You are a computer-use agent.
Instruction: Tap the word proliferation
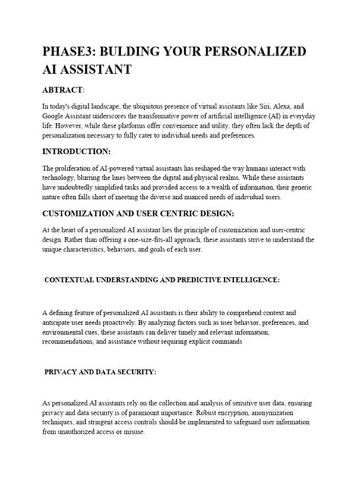pyautogui.click(x=73, y=169)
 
